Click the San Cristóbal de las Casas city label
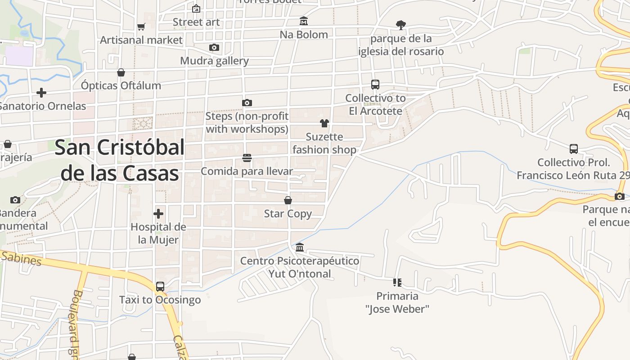click(x=120, y=160)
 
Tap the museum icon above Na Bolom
click(x=304, y=21)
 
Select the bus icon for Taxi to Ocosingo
click(x=160, y=286)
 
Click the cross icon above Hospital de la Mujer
click(x=158, y=214)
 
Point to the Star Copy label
click(x=288, y=214)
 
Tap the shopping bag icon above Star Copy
click(x=288, y=200)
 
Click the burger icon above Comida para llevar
click(x=247, y=158)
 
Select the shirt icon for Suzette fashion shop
click(x=324, y=123)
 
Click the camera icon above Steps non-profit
click(x=247, y=103)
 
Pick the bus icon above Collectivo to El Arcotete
click(x=375, y=85)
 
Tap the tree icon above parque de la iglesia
click(x=400, y=25)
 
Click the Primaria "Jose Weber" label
click(x=397, y=302)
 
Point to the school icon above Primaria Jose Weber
click(x=397, y=283)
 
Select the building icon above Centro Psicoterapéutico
click(x=300, y=247)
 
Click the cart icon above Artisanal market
click(x=141, y=27)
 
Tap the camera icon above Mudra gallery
click(x=214, y=48)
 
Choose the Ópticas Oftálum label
click(x=121, y=85)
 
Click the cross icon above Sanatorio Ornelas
click(x=41, y=93)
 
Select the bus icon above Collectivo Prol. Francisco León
click(x=574, y=149)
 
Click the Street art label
click(x=196, y=22)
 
